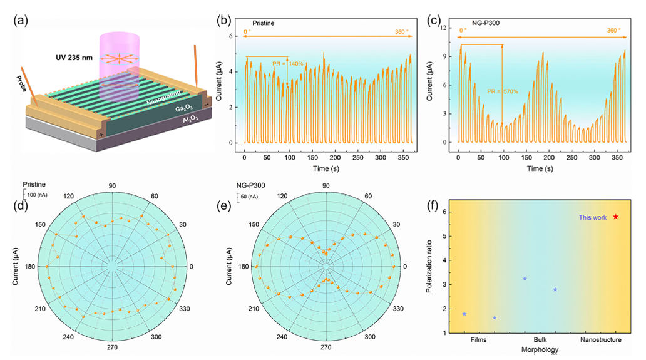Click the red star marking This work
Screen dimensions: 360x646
[x=616, y=217]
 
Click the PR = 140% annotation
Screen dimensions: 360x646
[x=287, y=64]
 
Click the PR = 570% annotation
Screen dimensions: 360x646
[x=501, y=91]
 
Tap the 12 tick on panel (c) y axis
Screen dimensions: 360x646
[x=446, y=28]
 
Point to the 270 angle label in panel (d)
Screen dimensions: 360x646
[x=112, y=347]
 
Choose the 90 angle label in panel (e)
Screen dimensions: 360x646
[x=326, y=186]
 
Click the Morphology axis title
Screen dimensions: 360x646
[x=540, y=349]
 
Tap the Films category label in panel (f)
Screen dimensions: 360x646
[x=479, y=340]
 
